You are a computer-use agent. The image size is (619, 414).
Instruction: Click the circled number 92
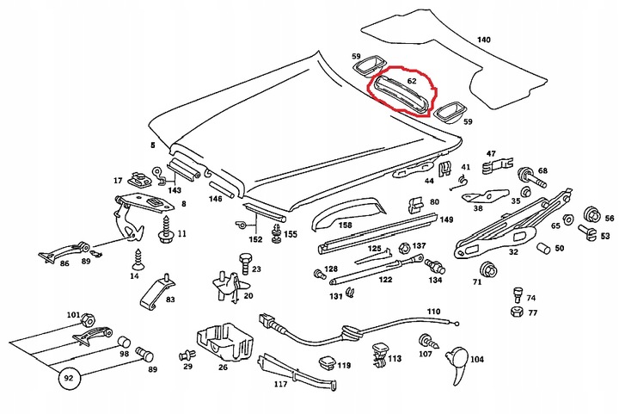pyautogui.click(x=65, y=376)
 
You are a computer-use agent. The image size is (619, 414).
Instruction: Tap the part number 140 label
pyautogui.click(x=484, y=40)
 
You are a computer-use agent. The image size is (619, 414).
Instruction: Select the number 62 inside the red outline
pyautogui.click(x=412, y=81)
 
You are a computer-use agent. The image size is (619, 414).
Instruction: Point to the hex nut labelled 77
pyautogui.click(x=514, y=312)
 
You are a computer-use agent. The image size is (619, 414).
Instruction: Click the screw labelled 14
pyautogui.click(x=136, y=256)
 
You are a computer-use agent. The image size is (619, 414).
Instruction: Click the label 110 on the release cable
pyautogui.click(x=432, y=312)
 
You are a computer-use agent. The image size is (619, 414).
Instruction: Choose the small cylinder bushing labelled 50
pyautogui.click(x=542, y=249)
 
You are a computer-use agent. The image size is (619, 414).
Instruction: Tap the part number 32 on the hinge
pyautogui.click(x=513, y=252)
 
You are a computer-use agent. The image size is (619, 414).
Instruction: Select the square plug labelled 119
pyautogui.click(x=326, y=362)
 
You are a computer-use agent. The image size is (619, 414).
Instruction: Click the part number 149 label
pyautogui.click(x=446, y=219)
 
